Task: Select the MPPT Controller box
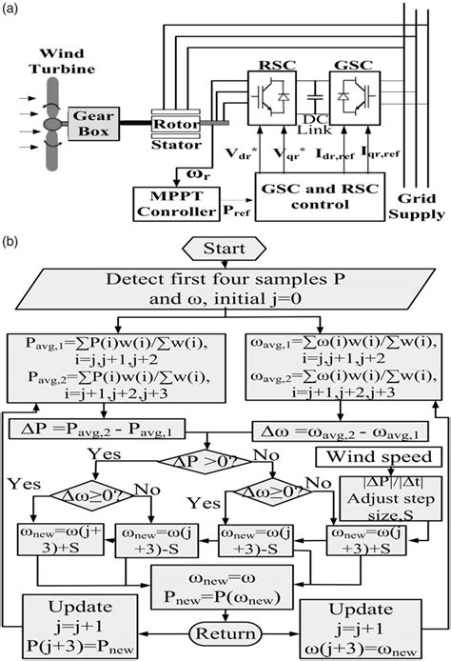169,202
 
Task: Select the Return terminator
225,631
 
